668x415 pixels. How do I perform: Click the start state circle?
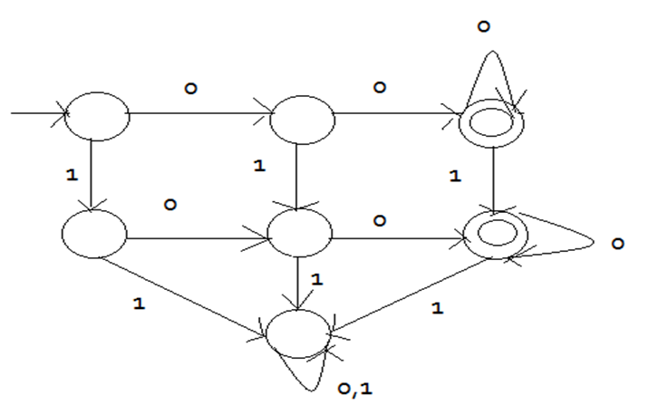[96, 116]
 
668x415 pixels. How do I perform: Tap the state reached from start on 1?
[94, 234]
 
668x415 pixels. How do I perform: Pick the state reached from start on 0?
[302, 116]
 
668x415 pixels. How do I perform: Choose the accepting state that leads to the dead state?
[496, 235]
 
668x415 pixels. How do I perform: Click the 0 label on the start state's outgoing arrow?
[191, 89]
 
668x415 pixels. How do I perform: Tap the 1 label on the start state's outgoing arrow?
[72, 171]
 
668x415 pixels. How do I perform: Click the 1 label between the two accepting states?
[454, 175]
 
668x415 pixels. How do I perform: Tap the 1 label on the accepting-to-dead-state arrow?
[438, 308]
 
